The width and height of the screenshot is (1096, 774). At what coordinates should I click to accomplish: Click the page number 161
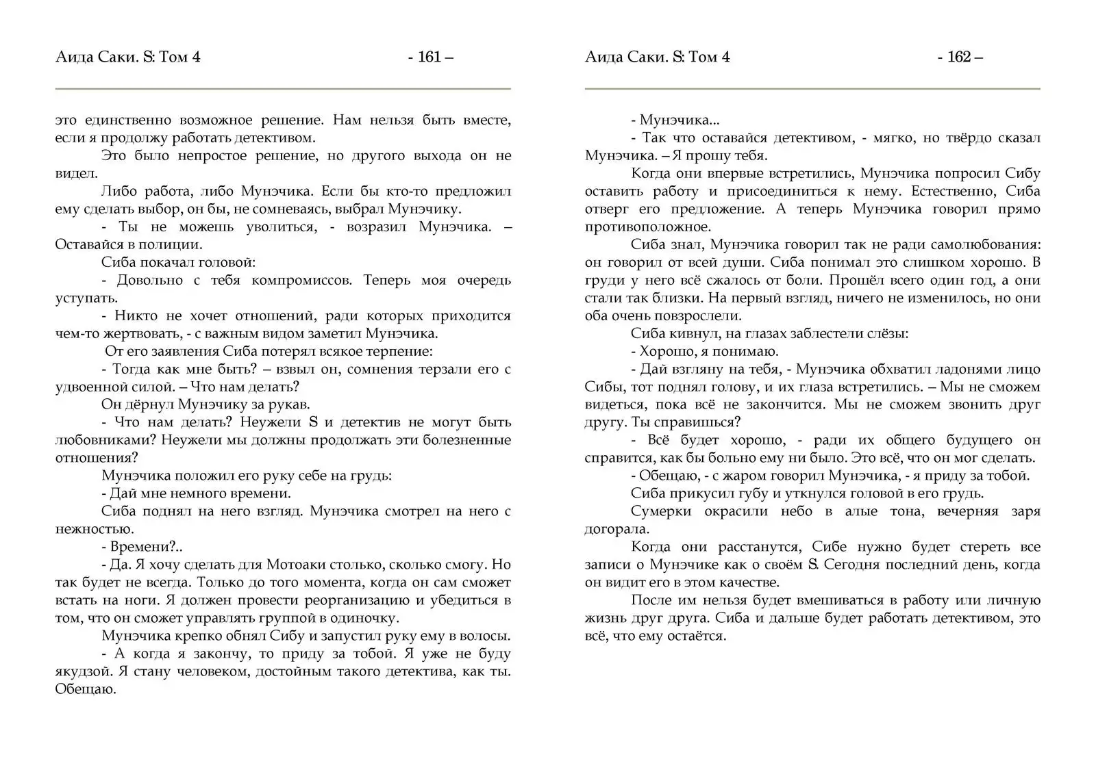(x=429, y=57)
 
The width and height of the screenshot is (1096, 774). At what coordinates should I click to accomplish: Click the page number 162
(x=959, y=57)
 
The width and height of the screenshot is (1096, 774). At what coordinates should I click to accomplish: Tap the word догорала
(x=616, y=530)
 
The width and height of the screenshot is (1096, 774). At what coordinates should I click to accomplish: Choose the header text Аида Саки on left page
(x=96, y=57)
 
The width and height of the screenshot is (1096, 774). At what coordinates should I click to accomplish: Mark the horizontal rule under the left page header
(x=283, y=89)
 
